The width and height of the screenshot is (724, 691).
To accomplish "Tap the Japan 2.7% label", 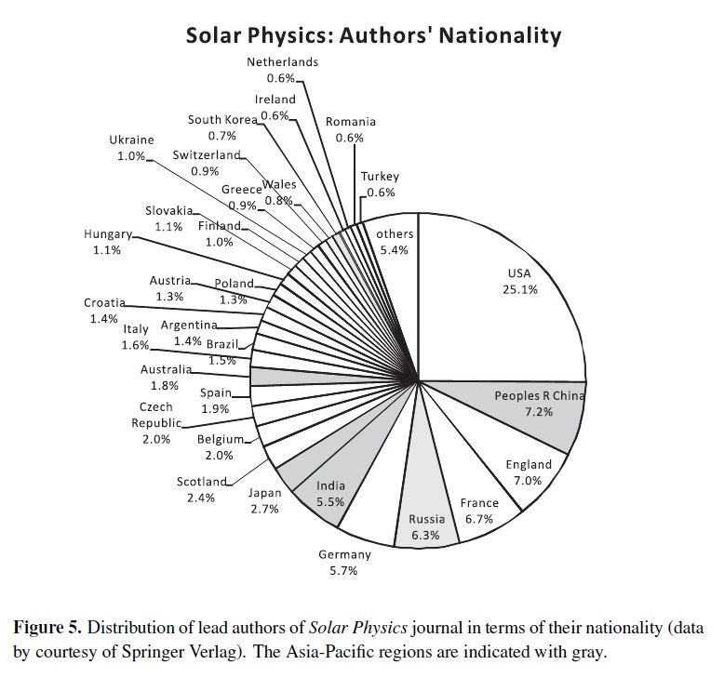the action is (x=264, y=501).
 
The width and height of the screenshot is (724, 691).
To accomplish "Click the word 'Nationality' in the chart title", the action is (x=500, y=35).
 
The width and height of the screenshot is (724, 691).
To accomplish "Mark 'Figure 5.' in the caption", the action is (x=47, y=628).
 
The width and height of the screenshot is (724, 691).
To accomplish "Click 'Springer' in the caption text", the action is (x=152, y=653).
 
